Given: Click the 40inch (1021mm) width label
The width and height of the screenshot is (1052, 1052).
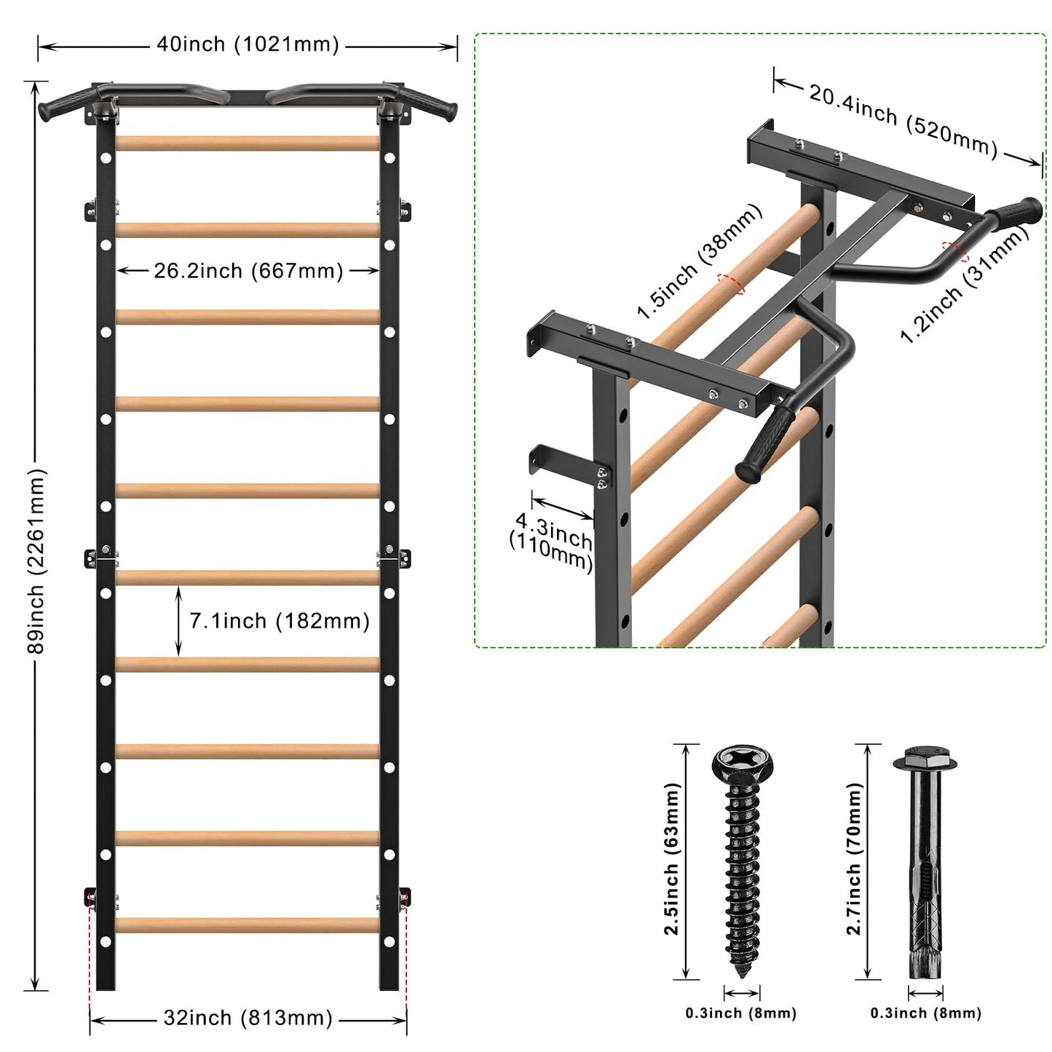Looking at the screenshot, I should [248, 45].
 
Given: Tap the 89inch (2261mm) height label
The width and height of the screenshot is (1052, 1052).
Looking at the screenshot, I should [37, 561].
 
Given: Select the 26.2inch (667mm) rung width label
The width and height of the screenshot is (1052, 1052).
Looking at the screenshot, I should [248, 271].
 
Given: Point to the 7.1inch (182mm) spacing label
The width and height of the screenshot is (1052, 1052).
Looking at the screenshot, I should [280, 621].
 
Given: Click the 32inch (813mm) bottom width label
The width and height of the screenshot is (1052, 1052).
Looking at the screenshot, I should [248, 1018].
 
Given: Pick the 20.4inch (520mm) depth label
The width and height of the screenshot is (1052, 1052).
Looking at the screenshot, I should [903, 120].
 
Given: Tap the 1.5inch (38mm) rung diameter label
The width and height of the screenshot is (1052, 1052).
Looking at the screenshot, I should [699, 261].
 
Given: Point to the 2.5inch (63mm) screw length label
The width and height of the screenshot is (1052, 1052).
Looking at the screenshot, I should [671, 859].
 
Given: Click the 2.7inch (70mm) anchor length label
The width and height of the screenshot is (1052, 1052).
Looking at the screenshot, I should [854, 859].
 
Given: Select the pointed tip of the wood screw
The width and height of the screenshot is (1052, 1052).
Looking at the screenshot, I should [743, 971].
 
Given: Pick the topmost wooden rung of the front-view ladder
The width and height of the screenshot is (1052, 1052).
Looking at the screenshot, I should [248, 143].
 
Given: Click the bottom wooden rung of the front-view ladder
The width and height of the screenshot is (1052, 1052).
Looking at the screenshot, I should [248, 925].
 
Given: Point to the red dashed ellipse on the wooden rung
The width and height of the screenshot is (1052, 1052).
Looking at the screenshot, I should [731, 283].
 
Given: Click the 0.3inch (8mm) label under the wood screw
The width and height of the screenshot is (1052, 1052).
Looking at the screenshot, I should [741, 1013].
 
